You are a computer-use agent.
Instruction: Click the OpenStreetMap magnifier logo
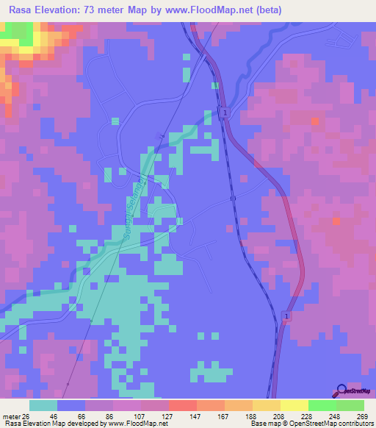pos(341,390)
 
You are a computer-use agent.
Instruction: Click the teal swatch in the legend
pos(43,405)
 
